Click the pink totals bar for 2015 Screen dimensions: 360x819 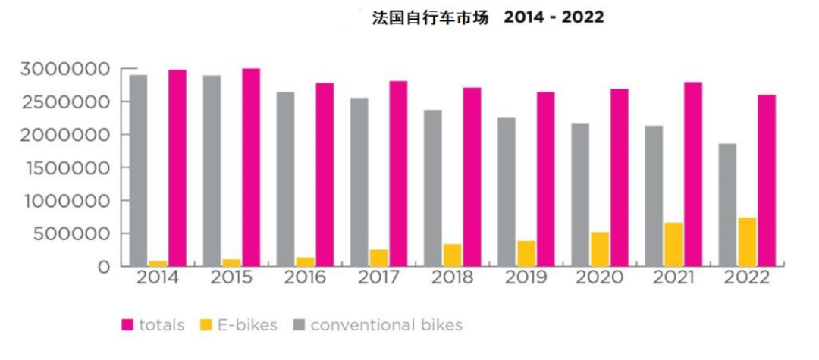251,167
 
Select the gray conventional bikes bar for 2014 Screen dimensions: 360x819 138,170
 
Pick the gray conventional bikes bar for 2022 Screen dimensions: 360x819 726,205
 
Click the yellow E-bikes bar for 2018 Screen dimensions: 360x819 452,255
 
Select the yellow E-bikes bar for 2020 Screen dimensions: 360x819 599,249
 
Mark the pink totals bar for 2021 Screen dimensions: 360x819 693,174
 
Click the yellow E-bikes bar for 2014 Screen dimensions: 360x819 158,263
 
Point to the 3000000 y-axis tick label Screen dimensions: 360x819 64,70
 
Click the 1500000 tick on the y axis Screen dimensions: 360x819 64,168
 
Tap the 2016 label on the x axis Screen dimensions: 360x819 305,278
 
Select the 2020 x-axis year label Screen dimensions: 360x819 600,278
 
